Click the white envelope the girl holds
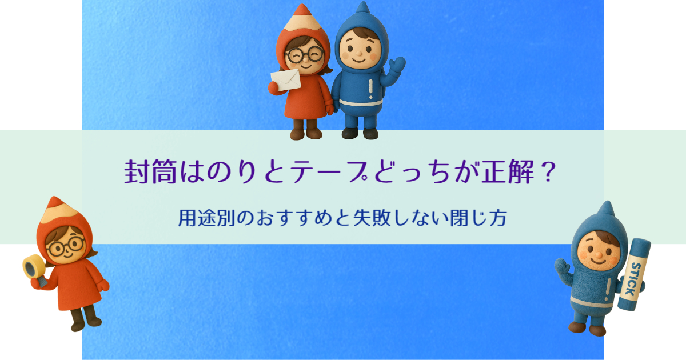pyautogui.click(x=286, y=80)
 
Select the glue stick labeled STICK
pyautogui.click(x=634, y=274)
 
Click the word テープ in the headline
pyautogui.click(x=329, y=172)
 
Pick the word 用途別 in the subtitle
pyautogui.click(x=207, y=218)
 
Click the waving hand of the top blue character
pyautogui.click(x=397, y=65)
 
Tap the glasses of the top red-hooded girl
pyautogui.click(x=304, y=55)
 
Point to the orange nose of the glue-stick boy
pyautogui.click(x=598, y=255)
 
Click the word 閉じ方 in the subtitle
pyautogui.click(x=478, y=218)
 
